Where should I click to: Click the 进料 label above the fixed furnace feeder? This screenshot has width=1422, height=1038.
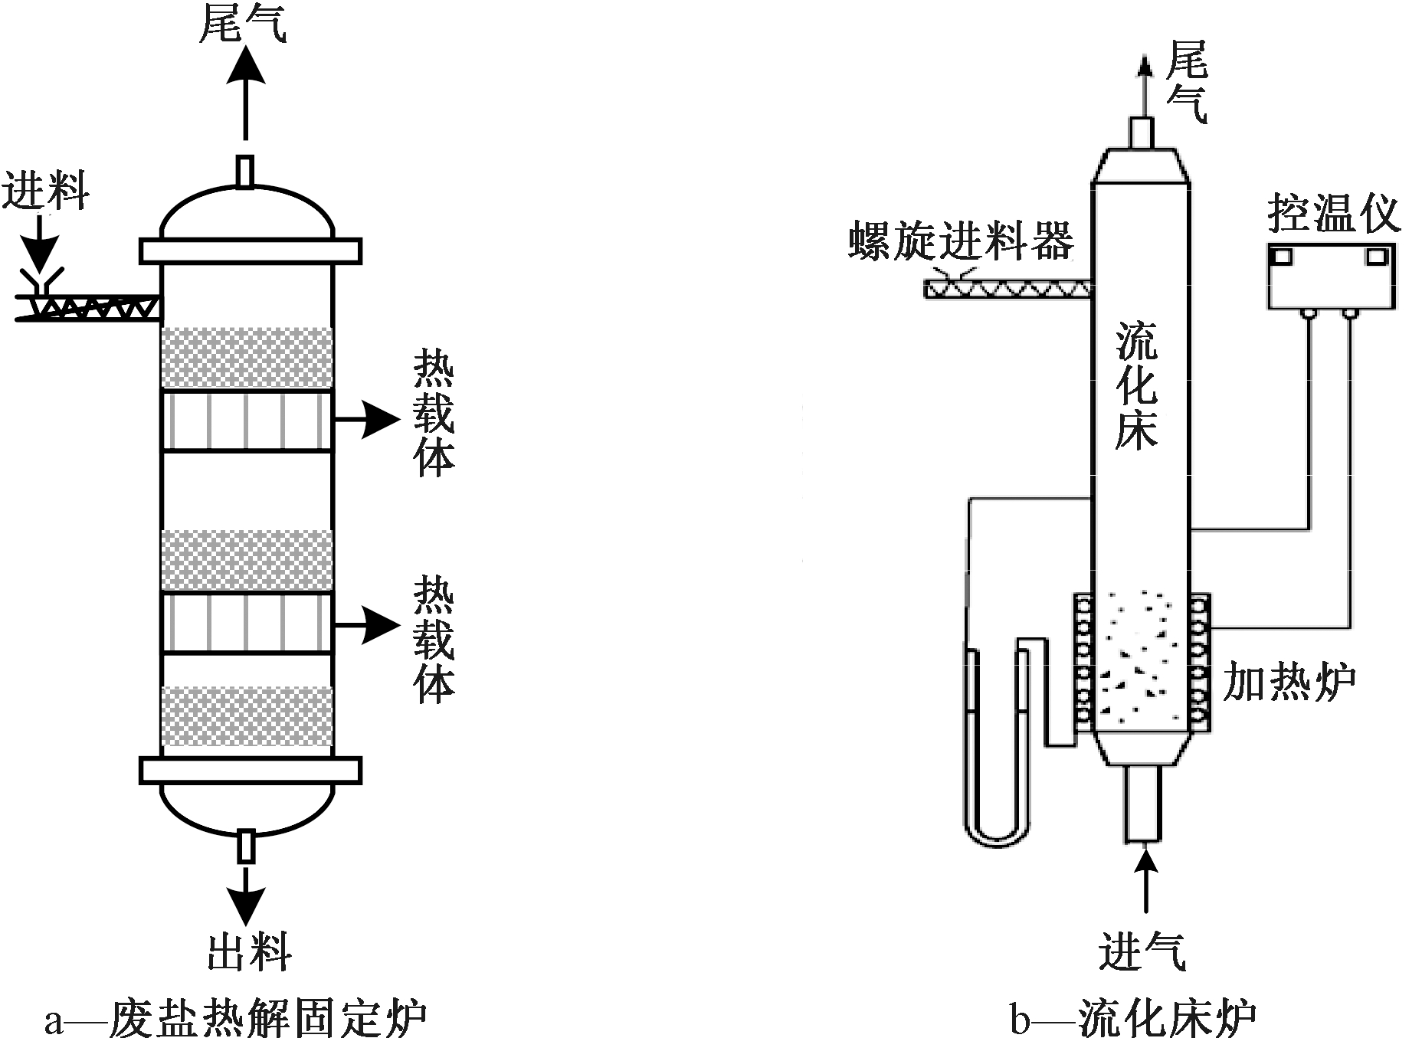[x=45, y=192]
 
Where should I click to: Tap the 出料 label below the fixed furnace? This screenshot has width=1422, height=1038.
[x=250, y=952]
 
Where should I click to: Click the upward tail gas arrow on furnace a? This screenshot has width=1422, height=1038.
[x=246, y=92]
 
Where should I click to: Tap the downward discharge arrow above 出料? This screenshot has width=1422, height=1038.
[x=246, y=896]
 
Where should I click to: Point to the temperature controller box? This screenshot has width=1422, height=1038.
[x=1331, y=277]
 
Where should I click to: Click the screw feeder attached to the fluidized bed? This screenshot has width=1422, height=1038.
[x=1008, y=289]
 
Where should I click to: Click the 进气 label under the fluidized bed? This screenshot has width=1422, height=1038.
[x=1142, y=952]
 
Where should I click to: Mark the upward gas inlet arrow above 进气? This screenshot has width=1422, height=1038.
[x=1145, y=881]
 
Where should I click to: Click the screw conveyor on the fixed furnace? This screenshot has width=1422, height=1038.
[x=92, y=307]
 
